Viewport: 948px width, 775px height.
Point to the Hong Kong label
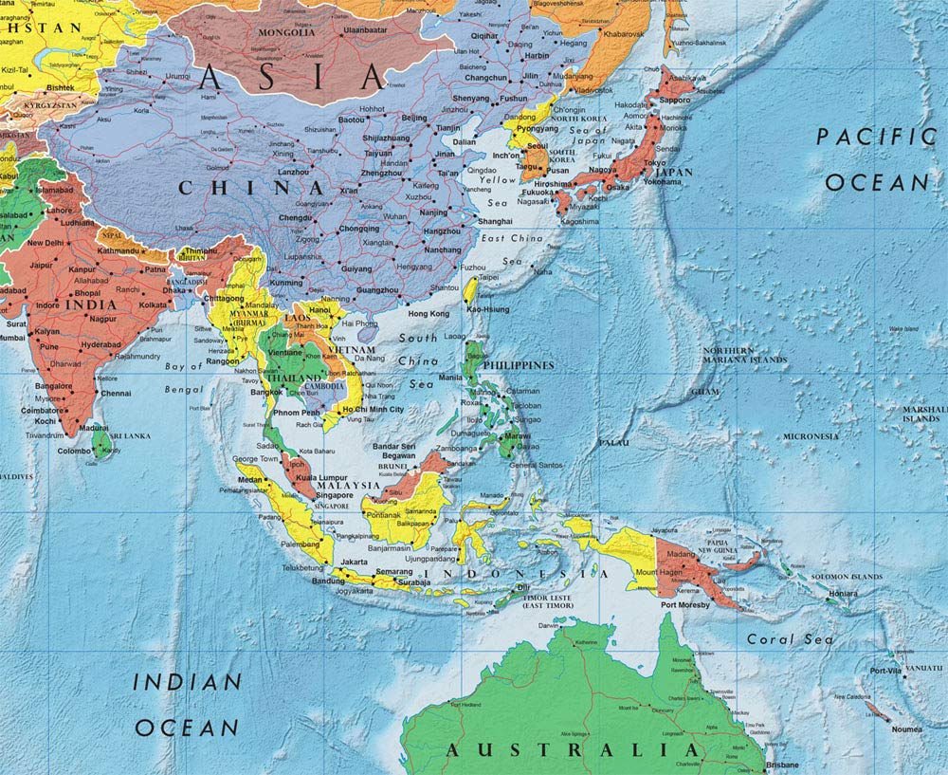point(428,313)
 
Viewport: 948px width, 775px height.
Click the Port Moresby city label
point(686,604)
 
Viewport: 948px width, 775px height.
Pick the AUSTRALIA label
point(573,750)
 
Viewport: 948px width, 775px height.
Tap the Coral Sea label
point(790,639)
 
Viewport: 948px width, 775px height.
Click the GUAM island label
point(704,391)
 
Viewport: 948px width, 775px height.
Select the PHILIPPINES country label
point(519,364)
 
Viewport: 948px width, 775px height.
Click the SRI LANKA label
point(130,435)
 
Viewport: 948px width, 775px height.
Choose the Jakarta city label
point(354,562)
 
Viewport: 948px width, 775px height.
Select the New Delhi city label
point(46,243)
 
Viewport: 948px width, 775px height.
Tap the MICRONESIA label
point(810,436)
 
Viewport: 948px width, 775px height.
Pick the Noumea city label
point(907,729)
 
